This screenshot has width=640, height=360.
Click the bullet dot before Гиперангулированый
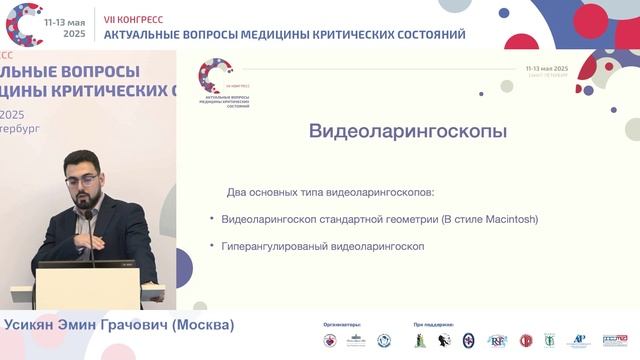(212, 245)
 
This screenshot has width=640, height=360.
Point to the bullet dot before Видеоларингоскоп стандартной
(212, 219)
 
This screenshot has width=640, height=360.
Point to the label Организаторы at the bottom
(342, 325)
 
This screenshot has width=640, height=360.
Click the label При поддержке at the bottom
(432, 325)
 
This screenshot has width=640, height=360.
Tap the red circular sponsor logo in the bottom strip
(526, 341)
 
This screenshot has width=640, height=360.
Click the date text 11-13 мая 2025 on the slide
(545, 67)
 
